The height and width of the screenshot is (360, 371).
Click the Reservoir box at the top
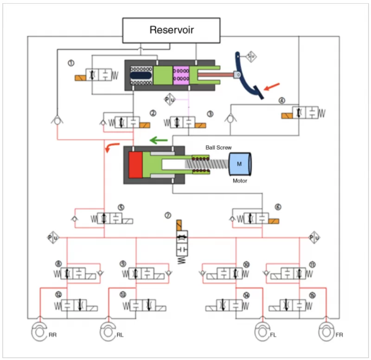click(172, 31)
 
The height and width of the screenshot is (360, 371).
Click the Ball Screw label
click(218, 148)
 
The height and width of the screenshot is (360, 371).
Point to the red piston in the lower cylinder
click(135, 165)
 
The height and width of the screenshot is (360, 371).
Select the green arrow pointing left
click(158, 139)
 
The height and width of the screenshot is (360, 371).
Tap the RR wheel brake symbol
click(39, 331)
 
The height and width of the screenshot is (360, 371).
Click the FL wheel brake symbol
click(263, 331)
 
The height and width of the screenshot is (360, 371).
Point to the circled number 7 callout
click(168, 215)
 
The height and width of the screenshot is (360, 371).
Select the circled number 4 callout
click(282, 100)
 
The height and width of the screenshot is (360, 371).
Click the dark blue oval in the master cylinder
click(141, 75)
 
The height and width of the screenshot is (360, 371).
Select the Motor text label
click(240, 181)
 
